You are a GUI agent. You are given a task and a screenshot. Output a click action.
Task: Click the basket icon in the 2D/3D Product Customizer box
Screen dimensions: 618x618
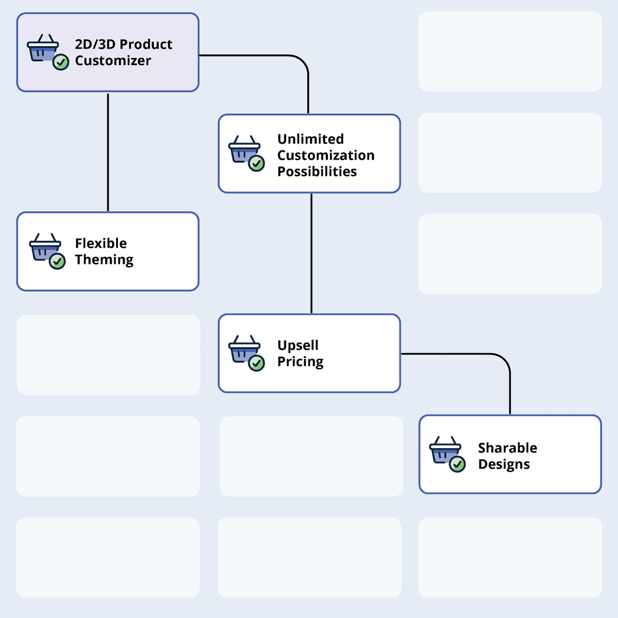(43, 49)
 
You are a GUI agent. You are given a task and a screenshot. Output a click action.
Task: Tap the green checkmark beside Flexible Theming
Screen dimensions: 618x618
(57, 262)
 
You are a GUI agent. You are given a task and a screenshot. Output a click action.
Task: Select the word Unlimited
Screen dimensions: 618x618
(310, 139)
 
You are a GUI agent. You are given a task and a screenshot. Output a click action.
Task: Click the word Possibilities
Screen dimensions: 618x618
(317, 172)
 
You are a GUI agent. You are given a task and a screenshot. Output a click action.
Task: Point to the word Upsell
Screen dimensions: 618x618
(298, 346)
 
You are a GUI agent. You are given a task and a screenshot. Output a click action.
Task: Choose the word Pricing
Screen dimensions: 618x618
(300, 362)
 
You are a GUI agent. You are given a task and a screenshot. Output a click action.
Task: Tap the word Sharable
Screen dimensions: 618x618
(508, 448)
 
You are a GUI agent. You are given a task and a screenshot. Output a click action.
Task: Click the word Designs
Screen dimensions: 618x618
(504, 464)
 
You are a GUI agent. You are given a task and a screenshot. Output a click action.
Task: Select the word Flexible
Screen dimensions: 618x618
(101, 243)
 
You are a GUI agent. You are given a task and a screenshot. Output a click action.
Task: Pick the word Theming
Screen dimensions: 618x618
(104, 260)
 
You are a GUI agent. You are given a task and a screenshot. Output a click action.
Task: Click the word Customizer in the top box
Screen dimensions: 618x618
(113, 61)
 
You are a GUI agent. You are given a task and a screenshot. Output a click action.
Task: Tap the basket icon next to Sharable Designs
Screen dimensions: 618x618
(445, 450)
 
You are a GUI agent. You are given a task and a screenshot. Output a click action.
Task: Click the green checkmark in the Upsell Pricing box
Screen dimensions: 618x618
(257, 363)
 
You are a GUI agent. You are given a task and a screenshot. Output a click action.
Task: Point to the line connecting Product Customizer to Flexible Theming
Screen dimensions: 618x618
(108, 152)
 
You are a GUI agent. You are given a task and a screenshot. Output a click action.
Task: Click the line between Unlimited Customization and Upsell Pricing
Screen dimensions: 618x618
(311, 253)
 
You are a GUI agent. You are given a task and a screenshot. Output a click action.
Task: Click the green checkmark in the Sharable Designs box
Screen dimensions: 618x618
(457, 464)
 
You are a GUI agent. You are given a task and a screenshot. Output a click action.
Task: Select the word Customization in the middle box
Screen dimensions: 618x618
(326, 156)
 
